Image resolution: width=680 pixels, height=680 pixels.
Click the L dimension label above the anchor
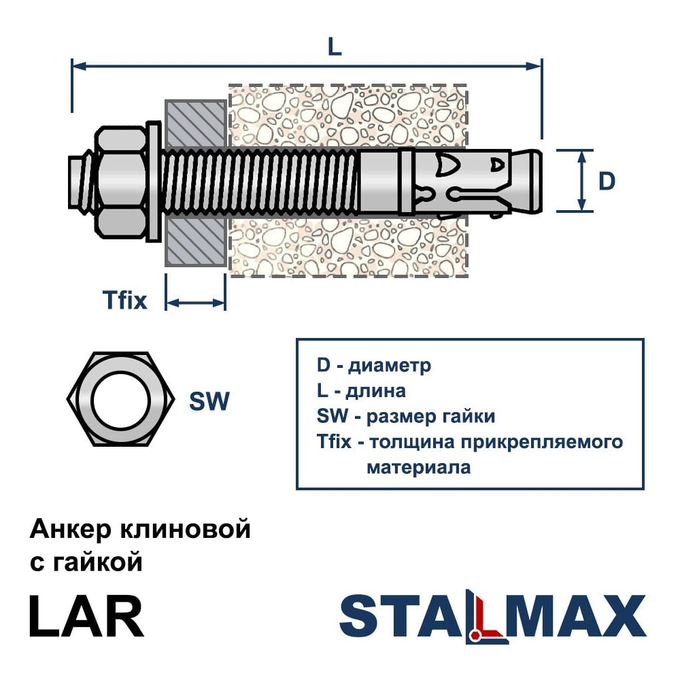click(x=335, y=47)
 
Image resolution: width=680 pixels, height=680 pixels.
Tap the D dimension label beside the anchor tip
click(x=607, y=181)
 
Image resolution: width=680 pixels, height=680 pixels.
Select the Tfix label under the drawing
click(x=125, y=300)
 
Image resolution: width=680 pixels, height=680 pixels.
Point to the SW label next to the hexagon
click(x=209, y=401)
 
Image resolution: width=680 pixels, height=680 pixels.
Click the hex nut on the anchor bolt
click(x=120, y=182)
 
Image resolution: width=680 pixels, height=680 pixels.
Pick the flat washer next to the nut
click(x=154, y=182)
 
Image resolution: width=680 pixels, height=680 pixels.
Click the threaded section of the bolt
click(x=260, y=182)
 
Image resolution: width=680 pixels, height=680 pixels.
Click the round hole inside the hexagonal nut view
click(x=120, y=400)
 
